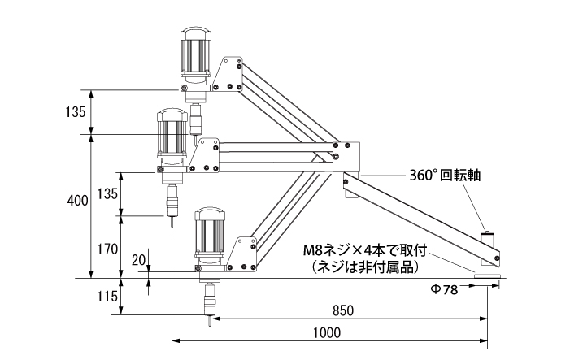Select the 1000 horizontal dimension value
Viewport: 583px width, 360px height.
pyautogui.click(x=326, y=333)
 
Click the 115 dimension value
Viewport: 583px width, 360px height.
pyautogui.click(x=107, y=297)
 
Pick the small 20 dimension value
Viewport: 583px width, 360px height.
pyautogui.click(x=138, y=260)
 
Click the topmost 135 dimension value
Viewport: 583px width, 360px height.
pyautogui.click(x=76, y=111)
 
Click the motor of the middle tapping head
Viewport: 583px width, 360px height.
pyautogui.click(x=172, y=137)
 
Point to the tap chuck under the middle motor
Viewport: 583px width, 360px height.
pyautogui.click(x=172, y=202)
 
